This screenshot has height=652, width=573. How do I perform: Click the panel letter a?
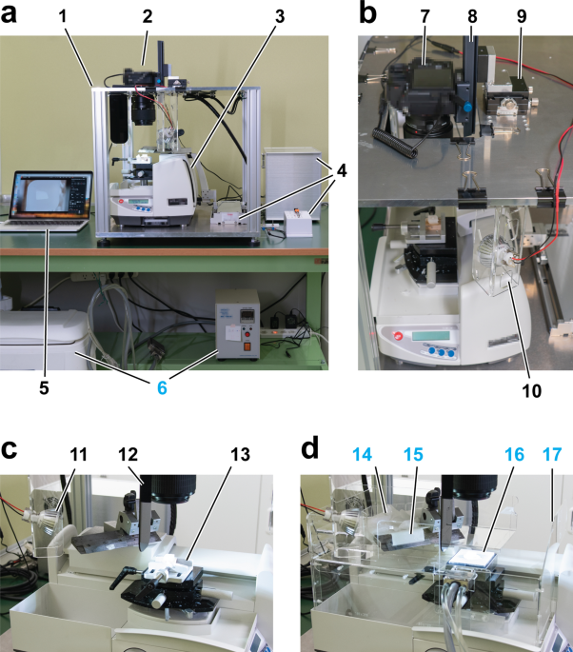click(x=12, y=16)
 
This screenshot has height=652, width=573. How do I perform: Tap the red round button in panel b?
click(x=385, y=335)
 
